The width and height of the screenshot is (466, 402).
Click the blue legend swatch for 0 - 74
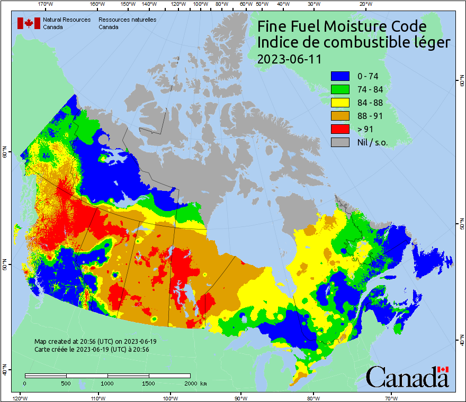pos(340,76)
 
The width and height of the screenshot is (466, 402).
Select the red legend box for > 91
pos(340,129)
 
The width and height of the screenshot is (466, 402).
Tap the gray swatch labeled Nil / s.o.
pos(340,142)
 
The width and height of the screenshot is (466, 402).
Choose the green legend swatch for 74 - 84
pos(340,89)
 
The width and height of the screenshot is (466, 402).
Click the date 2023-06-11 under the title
pos(289,59)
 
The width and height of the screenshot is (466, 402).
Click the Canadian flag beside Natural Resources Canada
pos(29,23)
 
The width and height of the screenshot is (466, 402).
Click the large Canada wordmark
pos(407,377)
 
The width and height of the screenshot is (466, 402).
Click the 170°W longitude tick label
pos(46,4)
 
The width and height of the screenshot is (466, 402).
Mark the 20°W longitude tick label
pos(364,4)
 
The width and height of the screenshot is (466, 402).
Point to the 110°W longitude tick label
pos(97,398)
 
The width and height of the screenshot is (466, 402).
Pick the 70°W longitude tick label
pos(391,398)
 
